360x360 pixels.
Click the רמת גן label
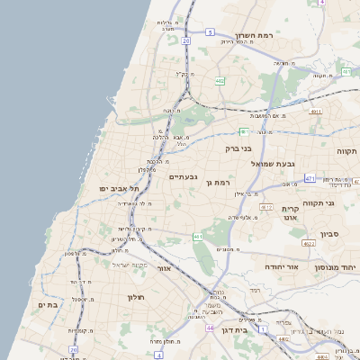tap(220, 183)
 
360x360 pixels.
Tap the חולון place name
tap(131, 297)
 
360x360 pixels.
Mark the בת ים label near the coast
tap(48, 305)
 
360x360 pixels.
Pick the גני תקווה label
tap(339, 203)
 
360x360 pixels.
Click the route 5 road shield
tap(209, 31)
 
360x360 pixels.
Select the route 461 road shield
tap(197, 237)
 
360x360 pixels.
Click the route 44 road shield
tap(209, 328)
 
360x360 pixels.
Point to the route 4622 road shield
tap(308, 243)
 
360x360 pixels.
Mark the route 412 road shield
tap(265, 207)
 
